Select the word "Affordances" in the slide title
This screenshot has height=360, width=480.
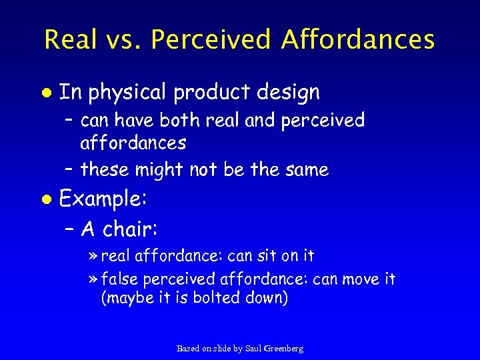pos(357,39)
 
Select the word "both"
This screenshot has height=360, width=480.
pos(188,121)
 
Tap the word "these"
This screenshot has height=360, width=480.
pos(105,170)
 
